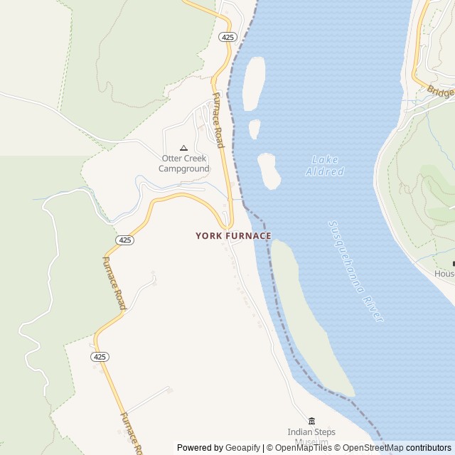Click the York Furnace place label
point(233,235)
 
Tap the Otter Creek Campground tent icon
point(183,148)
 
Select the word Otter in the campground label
point(173,158)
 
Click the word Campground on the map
point(184,168)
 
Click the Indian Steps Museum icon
point(311,421)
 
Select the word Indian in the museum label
point(299,432)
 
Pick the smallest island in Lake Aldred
point(254,129)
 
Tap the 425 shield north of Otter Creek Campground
point(227,37)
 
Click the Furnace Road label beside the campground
point(218,120)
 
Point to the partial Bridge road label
point(441,92)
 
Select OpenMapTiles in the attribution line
point(303,448)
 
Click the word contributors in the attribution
point(429,448)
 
